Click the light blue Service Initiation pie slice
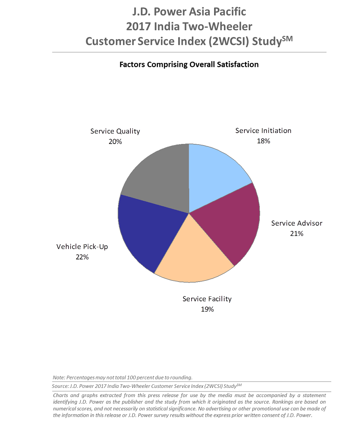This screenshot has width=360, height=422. (214, 176)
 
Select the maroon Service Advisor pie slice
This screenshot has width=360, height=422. (232, 222)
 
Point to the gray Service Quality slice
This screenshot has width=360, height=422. (158, 176)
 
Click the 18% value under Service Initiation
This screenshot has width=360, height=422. (263, 141)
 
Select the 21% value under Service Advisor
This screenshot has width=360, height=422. (296, 234)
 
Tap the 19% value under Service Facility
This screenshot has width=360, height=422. (207, 309)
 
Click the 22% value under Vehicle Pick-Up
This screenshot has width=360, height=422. (82, 257)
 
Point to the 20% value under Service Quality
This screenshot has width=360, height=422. (115, 142)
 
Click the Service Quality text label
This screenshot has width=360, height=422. (115, 131)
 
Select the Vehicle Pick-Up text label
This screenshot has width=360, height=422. (82, 247)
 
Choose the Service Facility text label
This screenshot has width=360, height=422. (207, 299)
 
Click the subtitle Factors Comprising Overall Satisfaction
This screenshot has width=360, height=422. (189, 65)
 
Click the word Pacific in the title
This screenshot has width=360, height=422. (229, 12)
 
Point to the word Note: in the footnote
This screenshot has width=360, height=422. (59, 378)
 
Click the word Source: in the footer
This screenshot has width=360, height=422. (60, 386)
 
